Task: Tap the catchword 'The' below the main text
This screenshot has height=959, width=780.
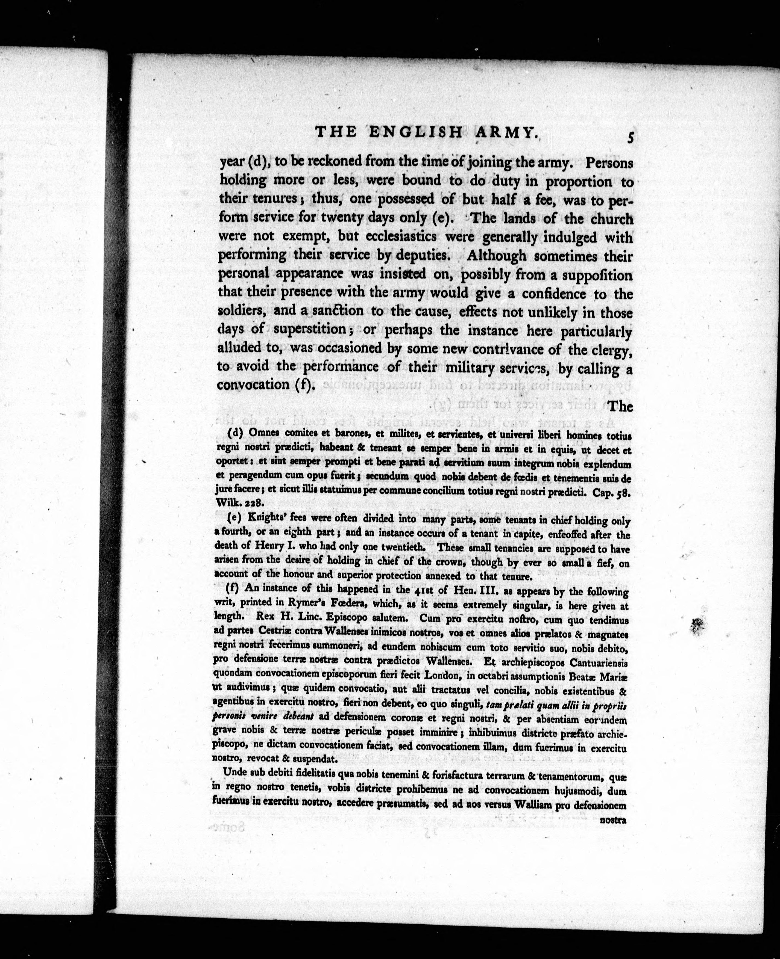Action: [620, 407]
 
